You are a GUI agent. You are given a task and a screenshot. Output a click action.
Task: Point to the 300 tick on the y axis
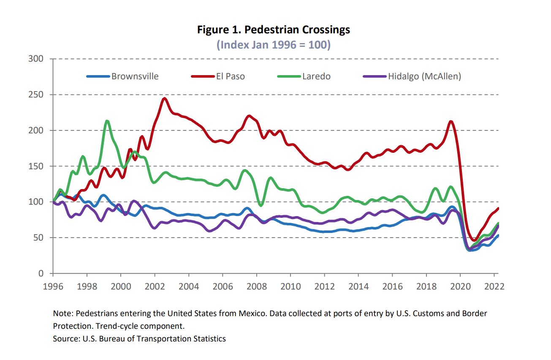pyautogui.click(x=36, y=59)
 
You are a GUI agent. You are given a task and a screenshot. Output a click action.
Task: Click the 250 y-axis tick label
pyautogui.click(x=36, y=95)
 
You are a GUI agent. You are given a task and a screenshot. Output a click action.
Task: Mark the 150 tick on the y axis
pyautogui.click(x=36, y=166)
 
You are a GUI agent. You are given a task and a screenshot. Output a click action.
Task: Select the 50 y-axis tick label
pyautogui.click(x=38, y=238)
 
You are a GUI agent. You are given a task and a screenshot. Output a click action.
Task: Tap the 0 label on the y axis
pyautogui.click(x=41, y=273)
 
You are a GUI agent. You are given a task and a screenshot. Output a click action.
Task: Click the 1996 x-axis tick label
pyautogui.click(x=53, y=286)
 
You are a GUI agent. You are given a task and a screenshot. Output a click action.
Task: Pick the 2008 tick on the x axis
pyautogui.click(x=256, y=286)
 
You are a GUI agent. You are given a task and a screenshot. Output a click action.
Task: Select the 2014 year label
pyautogui.click(x=358, y=286)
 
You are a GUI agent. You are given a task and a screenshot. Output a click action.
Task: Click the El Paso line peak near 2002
pyautogui.click(x=165, y=99)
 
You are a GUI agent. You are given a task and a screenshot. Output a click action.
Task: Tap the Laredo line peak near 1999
pyautogui.click(x=107, y=122)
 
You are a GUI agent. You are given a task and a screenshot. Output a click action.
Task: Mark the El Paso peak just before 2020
pyautogui.click(x=451, y=122)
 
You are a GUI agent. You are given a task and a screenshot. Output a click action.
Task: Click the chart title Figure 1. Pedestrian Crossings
pyautogui.click(x=274, y=30)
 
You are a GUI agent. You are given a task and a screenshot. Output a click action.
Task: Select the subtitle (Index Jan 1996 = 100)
pyautogui.click(x=274, y=44)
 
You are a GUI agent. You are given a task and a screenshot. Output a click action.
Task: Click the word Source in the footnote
pyautogui.click(x=64, y=338)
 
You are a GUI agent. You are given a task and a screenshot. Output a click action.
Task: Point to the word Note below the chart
pyautogui.click(x=61, y=314)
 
